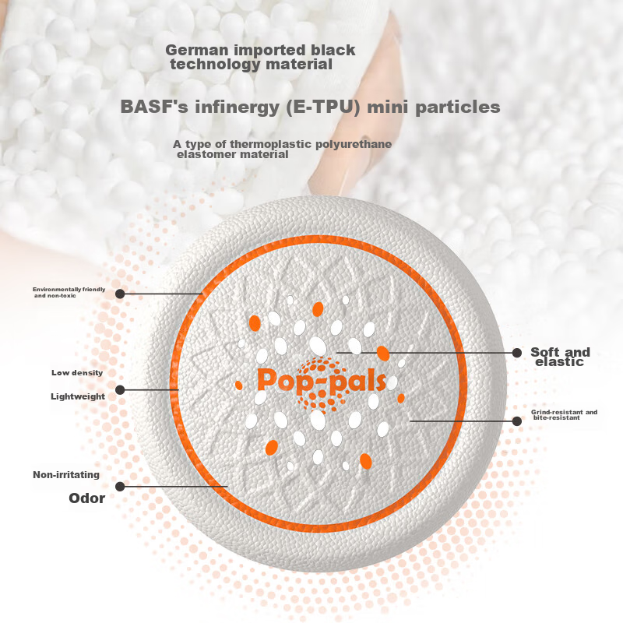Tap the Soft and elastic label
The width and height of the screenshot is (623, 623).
(x=560, y=357)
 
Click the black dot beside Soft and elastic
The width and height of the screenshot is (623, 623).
(x=517, y=353)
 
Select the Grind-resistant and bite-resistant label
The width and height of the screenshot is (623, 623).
(x=564, y=415)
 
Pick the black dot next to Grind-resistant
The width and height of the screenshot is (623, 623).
(x=517, y=421)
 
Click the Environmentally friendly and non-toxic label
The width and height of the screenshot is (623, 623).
(x=69, y=293)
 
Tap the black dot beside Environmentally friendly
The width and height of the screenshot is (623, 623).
(x=120, y=294)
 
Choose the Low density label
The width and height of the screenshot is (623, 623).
(x=77, y=373)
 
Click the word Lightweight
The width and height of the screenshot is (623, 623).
(x=78, y=396)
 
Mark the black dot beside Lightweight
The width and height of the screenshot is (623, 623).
(x=120, y=390)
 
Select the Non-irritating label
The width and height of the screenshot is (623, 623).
(x=66, y=475)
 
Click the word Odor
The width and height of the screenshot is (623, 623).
(x=86, y=498)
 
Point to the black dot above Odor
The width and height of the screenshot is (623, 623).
(x=120, y=486)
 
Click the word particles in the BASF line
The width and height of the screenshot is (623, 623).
(x=458, y=107)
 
